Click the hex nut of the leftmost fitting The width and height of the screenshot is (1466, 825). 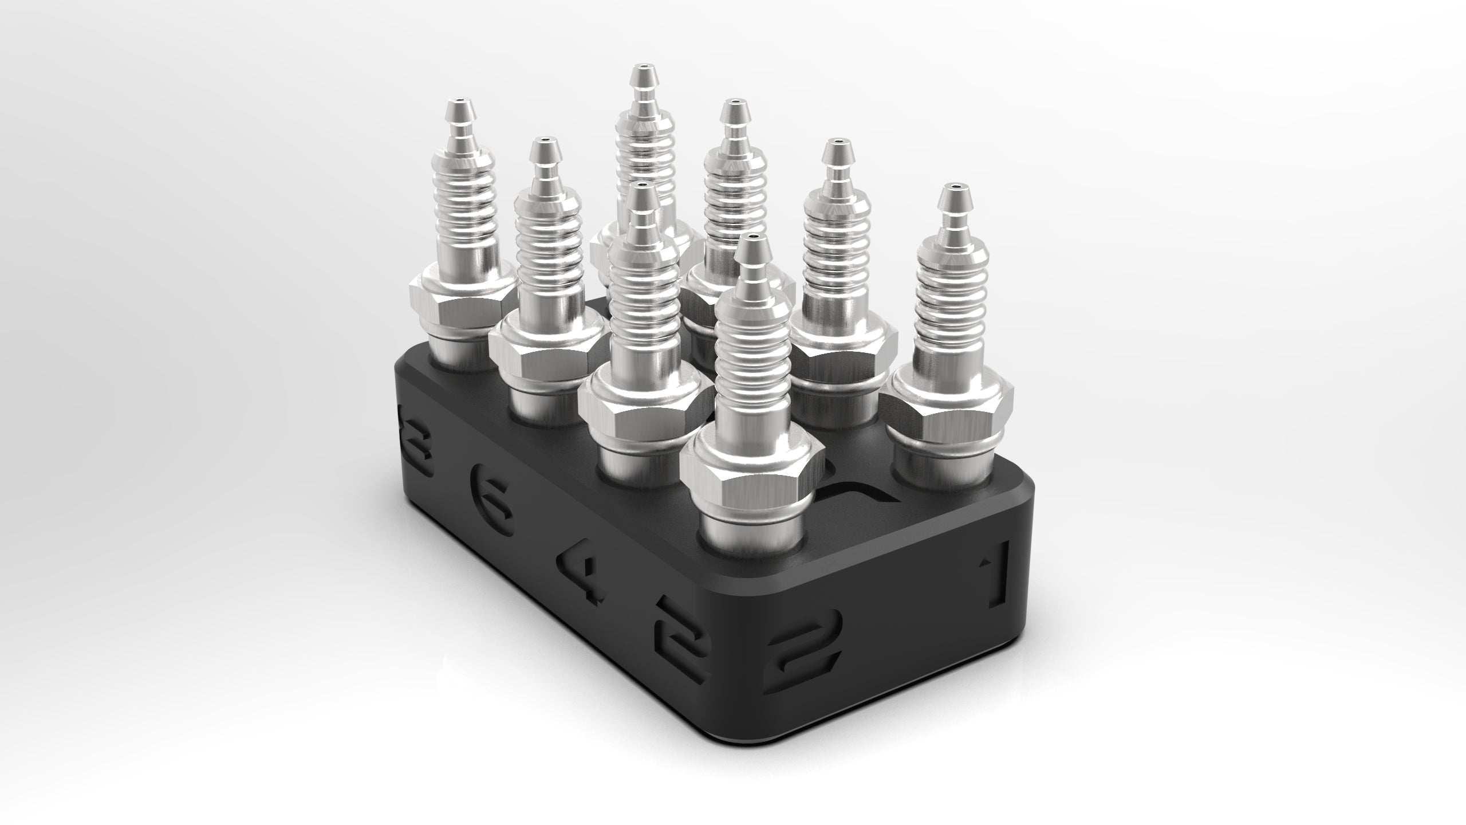[x=458, y=297]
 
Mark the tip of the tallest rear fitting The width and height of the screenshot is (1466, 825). [x=635, y=78]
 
